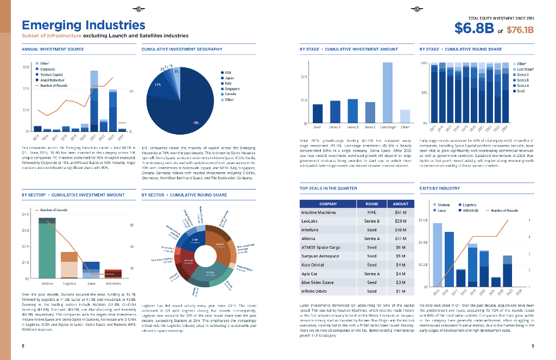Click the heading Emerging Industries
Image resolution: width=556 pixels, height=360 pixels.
[83, 25]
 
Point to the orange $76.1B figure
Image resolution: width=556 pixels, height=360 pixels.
[520, 30]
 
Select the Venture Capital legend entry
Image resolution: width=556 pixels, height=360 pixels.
[51, 74]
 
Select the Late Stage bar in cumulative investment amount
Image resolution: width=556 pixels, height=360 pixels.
[387, 93]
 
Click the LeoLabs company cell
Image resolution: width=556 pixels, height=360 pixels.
[309, 221]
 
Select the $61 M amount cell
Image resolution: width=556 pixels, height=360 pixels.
[401, 212]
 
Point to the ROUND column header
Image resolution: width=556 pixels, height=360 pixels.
[371, 204]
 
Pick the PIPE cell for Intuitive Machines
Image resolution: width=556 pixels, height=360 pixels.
[371, 212]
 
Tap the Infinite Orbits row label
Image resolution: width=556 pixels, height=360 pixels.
[314, 291]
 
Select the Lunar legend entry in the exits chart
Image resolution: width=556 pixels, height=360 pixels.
[441, 210]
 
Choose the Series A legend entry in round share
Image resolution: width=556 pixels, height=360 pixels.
[522, 86]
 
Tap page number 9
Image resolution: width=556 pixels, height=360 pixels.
[533, 346]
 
